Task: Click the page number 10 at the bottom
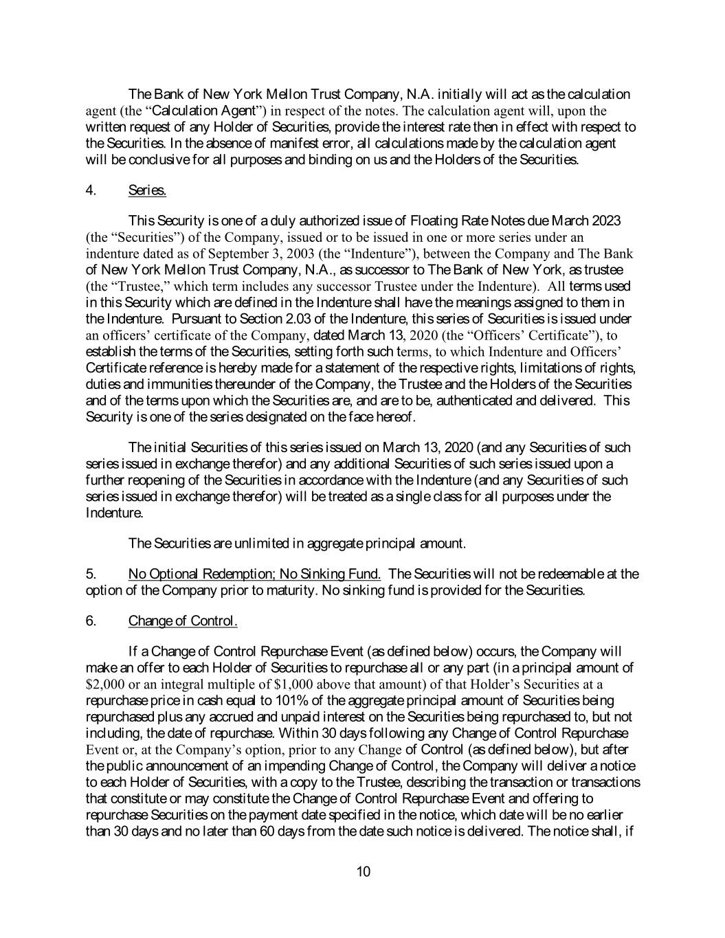pos(364,872)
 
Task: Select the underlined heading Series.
pos(147,190)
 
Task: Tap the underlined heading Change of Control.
pos(183,621)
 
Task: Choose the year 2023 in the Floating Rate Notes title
pos(605,221)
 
